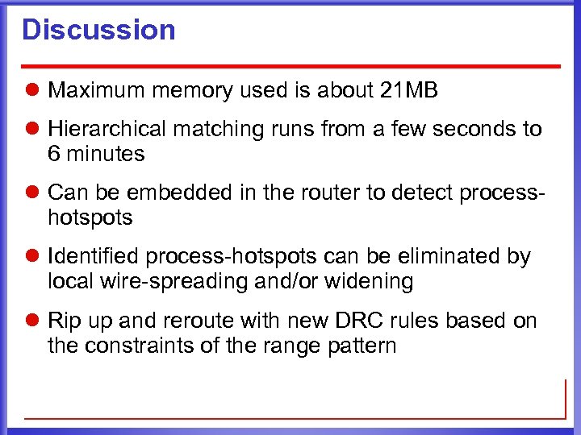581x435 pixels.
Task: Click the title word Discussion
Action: coord(98,30)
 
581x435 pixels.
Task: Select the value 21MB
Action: coord(408,91)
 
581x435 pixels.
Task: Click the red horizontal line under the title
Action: coord(290,65)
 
